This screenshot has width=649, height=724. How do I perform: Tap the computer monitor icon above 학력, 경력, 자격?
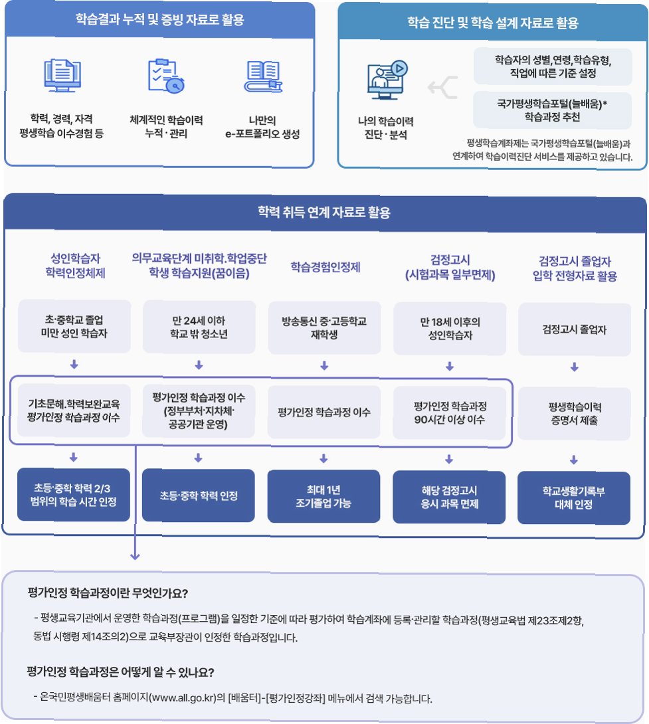(x=62, y=77)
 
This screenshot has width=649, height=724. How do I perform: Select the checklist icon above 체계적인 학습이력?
(x=166, y=77)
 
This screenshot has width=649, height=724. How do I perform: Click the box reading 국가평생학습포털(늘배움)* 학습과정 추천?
(x=553, y=110)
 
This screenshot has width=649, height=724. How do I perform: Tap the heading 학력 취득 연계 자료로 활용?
(x=324, y=213)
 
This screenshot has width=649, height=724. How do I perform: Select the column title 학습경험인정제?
(x=325, y=267)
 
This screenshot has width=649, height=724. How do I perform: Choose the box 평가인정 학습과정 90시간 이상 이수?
(x=449, y=412)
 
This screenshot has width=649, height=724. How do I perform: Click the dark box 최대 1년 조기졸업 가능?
(x=324, y=497)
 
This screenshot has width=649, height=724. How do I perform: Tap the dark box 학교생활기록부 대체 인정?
(x=574, y=497)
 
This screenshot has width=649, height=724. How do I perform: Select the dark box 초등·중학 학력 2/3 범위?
(x=74, y=496)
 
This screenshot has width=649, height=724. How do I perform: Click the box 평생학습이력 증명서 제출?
(x=574, y=412)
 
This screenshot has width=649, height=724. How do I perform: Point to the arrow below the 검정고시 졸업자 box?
(x=575, y=366)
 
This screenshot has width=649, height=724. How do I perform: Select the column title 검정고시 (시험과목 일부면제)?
(x=449, y=267)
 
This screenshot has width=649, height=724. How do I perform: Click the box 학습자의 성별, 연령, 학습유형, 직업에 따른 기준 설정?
(x=553, y=66)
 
